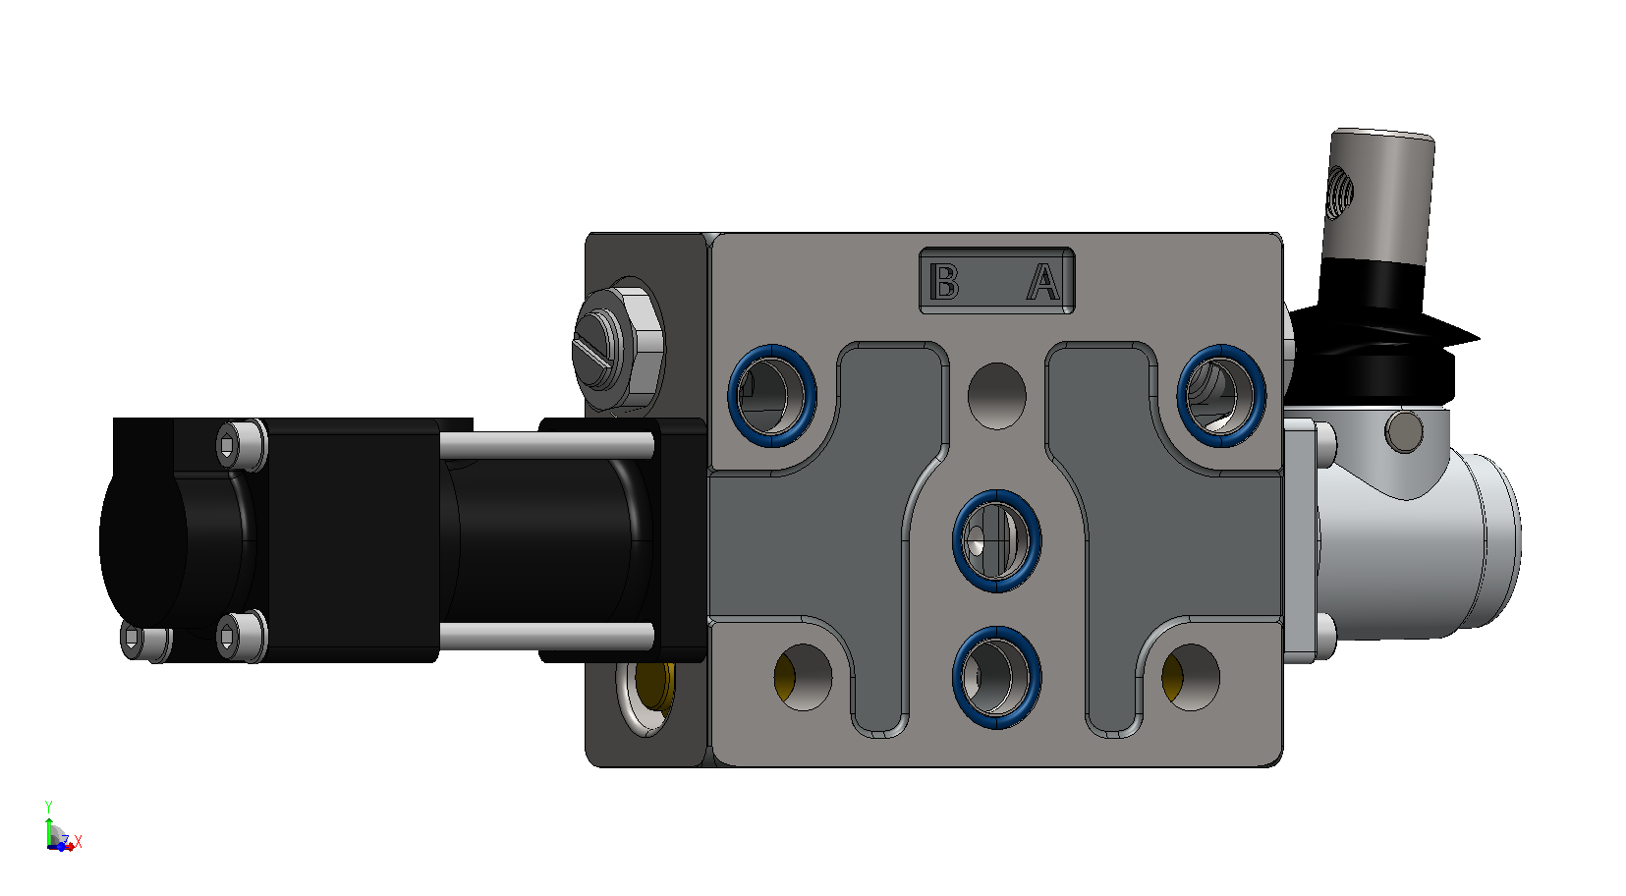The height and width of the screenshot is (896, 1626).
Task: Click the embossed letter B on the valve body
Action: pyautogui.click(x=944, y=282)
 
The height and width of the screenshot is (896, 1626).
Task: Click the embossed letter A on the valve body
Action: pyautogui.click(x=1043, y=282)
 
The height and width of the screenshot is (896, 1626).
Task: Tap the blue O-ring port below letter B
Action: pyautogui.click(x=772, y=396)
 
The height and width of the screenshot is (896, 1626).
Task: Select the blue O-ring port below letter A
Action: pyautogui.click(x=1221, y=396)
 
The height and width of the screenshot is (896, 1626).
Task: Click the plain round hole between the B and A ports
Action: pyautogui.click(x=996, y=396)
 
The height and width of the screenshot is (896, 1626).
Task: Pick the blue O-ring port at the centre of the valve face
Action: pyautogui.click(x=996, y=541)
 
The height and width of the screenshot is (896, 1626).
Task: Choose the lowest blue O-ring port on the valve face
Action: pyautogui.click(x=996, y=678)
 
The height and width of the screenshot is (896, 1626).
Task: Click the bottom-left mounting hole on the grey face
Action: pyautogui.click(x=803, y=678)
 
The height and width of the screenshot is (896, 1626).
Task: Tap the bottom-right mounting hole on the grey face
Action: pyautogui.click(x=1191, y=678)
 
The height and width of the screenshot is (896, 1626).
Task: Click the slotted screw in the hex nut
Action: pyautogui.click(x=598, y=349)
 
